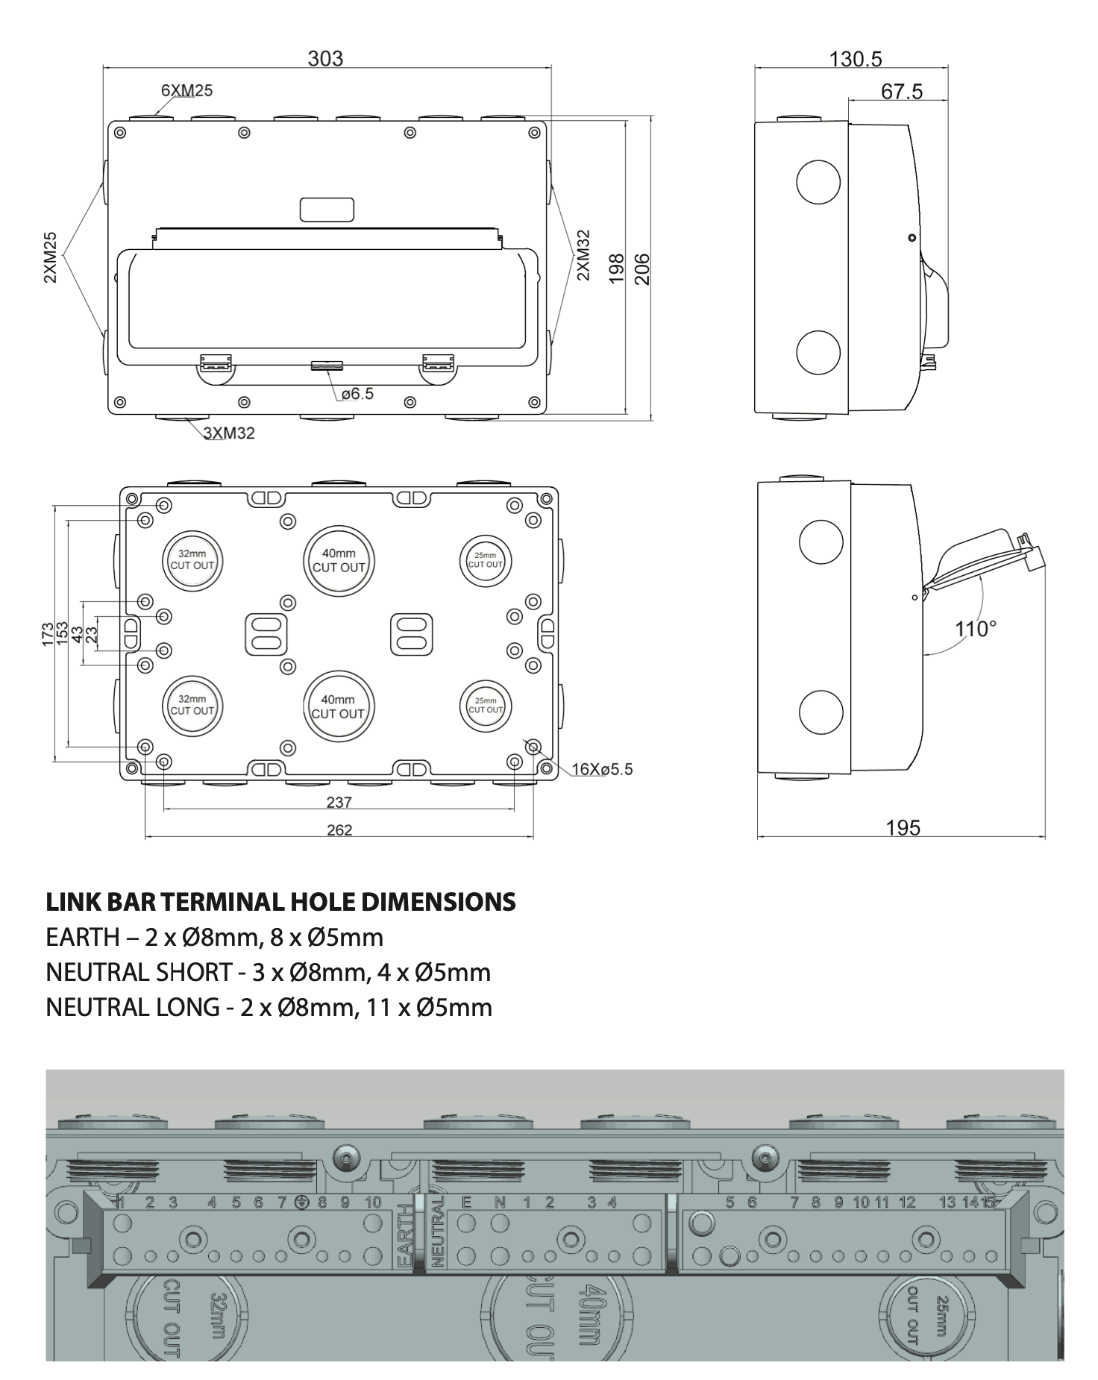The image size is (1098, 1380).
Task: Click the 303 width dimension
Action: (326, 58)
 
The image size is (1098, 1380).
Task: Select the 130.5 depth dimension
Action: (856, 59)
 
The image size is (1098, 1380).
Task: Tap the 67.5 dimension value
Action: (901, 92)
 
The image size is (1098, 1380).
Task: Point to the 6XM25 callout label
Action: (186, 90)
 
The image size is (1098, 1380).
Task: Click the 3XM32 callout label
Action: (229, 433)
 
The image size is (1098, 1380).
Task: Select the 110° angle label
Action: (976, 629)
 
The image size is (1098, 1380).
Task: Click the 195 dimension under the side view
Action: (903, 827)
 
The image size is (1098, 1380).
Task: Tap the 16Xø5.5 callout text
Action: (602, 769)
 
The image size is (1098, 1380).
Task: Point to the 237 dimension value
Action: (339, 803)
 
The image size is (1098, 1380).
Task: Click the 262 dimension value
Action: (339, 830)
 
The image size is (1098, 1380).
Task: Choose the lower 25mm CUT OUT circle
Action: (486, 705)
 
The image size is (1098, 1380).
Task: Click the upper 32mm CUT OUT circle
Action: (192, 559)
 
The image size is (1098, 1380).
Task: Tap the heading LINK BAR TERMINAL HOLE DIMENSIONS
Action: (280, 902)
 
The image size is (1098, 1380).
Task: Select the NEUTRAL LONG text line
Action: (269, 1007)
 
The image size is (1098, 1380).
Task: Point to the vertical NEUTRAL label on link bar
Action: (438, 1232)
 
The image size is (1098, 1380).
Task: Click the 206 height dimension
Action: (642, 269)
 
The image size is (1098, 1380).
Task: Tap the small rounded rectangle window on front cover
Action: (327, 210)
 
